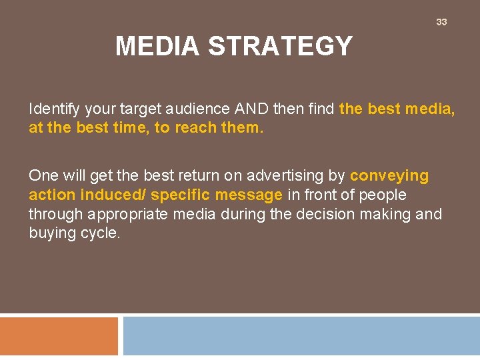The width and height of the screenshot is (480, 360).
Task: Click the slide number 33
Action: (x=441, y=22)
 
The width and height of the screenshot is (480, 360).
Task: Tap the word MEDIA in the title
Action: (x=157, y=47)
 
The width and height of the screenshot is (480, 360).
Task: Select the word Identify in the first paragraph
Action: (x=53, y=109)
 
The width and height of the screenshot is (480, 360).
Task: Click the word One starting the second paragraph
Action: (x=43, y=176)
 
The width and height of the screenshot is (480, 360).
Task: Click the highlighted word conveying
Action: (x=389, y=176)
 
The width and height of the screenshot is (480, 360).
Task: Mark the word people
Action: (x=382, y=195)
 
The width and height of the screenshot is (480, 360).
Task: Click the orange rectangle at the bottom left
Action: (x=59, y=337)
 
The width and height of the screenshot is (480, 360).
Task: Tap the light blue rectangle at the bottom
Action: (x=301, y=337)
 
